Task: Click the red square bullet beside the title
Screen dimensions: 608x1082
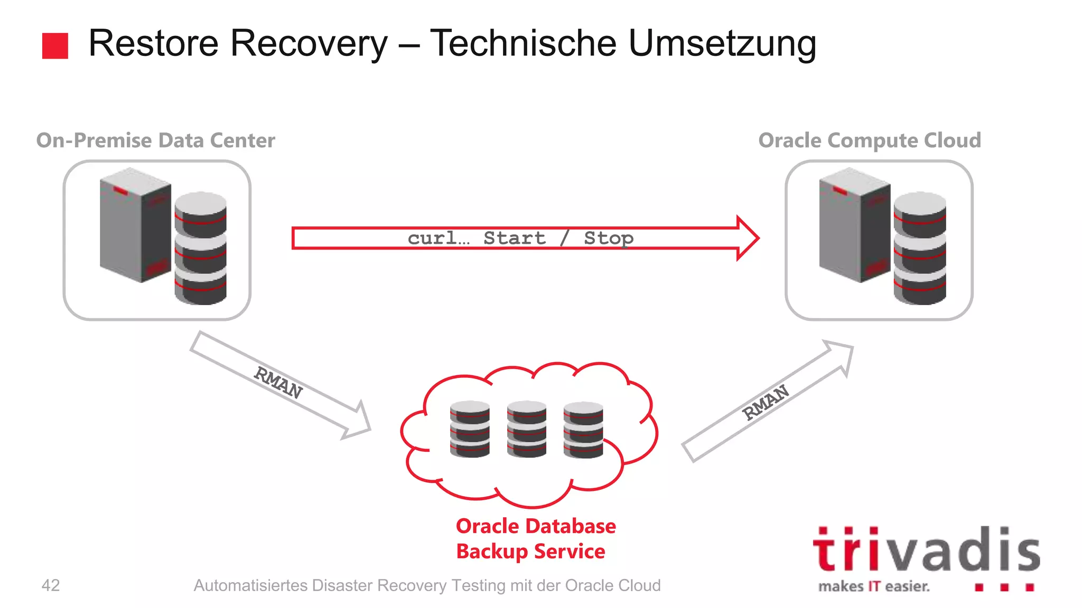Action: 55,46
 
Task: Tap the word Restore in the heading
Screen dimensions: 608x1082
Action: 153,43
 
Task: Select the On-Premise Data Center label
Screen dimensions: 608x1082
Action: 155,140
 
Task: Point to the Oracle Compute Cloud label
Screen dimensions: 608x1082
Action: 870,140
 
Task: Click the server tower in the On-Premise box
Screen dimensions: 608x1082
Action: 135,224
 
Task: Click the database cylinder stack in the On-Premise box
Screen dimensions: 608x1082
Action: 201,248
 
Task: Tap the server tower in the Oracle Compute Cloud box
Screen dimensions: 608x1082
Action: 854,224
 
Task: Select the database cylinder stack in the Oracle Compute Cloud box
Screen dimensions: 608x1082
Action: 920,248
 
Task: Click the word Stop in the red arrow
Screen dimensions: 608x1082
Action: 608,238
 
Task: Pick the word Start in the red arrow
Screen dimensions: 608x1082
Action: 514,238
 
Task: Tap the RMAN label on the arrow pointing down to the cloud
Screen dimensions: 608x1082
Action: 278,382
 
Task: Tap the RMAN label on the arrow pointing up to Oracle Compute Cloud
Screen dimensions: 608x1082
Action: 766,402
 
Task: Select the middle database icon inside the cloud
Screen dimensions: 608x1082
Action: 527,429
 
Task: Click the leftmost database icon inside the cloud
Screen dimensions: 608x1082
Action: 470,429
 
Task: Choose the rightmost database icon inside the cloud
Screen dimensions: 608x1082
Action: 583,429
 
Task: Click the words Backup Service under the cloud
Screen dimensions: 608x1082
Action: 530,552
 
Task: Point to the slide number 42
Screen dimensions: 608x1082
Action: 51,585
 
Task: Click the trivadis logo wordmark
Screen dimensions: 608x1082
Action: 926,550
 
